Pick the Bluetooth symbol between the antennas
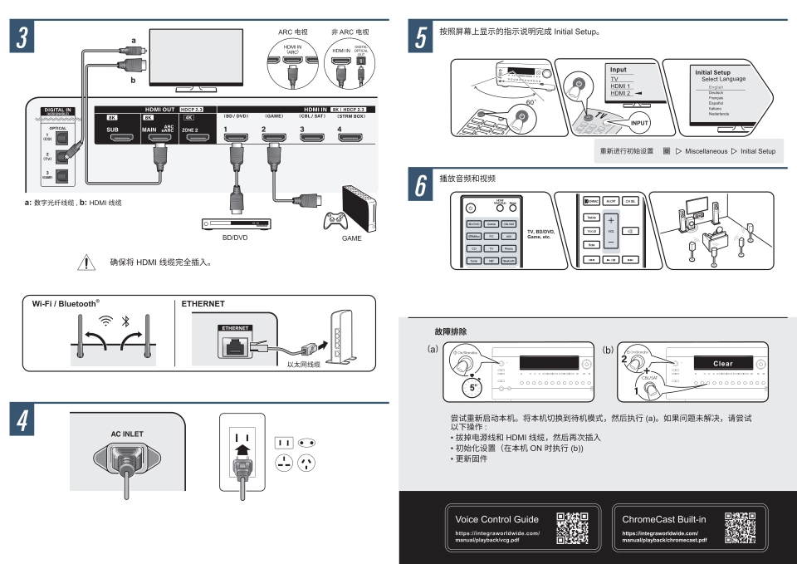125,320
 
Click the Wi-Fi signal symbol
105,320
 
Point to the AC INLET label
127,434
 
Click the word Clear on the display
723,363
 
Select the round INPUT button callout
640,123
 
